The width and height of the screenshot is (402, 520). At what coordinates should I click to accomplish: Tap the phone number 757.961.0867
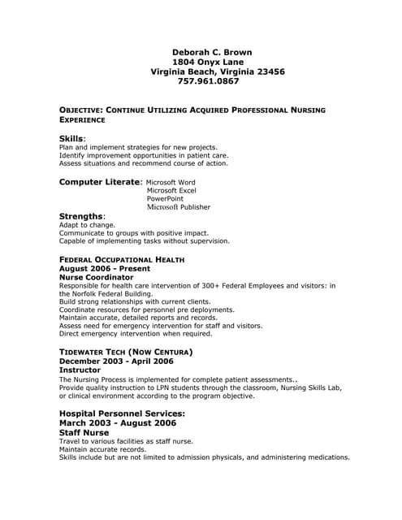point(209,81)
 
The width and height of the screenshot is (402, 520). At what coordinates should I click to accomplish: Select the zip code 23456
point(267,71)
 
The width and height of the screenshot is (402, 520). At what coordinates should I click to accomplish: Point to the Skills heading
point(71,138)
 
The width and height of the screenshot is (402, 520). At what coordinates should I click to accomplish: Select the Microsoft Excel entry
point(171,191)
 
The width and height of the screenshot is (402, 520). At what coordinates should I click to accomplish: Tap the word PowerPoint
point(165,199)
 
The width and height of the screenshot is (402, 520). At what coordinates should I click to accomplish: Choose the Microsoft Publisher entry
point(178,207)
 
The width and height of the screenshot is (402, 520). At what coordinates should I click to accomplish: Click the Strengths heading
point(81,216)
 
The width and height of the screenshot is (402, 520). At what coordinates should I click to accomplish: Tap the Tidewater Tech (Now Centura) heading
point(126,352)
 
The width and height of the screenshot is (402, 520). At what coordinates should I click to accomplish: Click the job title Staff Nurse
point(84,433)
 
